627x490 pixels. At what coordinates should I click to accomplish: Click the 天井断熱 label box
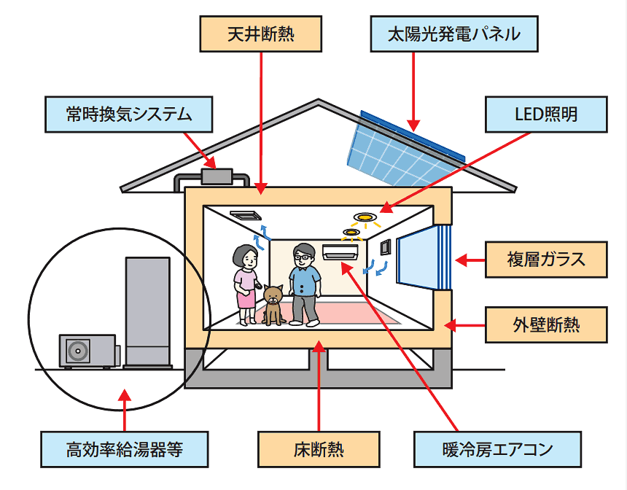click(260, 34)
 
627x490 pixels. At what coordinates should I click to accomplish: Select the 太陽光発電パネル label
click(453, 34)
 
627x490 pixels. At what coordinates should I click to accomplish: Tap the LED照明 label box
click(545, 114)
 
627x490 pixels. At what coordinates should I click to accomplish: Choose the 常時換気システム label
click(129, 114)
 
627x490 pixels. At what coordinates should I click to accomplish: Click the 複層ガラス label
click(546, 259)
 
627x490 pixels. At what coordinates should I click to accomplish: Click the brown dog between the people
click(273, 305)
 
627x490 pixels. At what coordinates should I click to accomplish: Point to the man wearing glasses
click(303, 284)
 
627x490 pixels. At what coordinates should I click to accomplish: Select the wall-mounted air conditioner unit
click(340, 252)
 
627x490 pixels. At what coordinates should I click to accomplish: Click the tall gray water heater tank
click(148, 311)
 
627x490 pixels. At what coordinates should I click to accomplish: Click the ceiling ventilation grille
click(245, 215)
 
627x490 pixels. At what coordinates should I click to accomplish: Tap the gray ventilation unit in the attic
click(217, 176)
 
